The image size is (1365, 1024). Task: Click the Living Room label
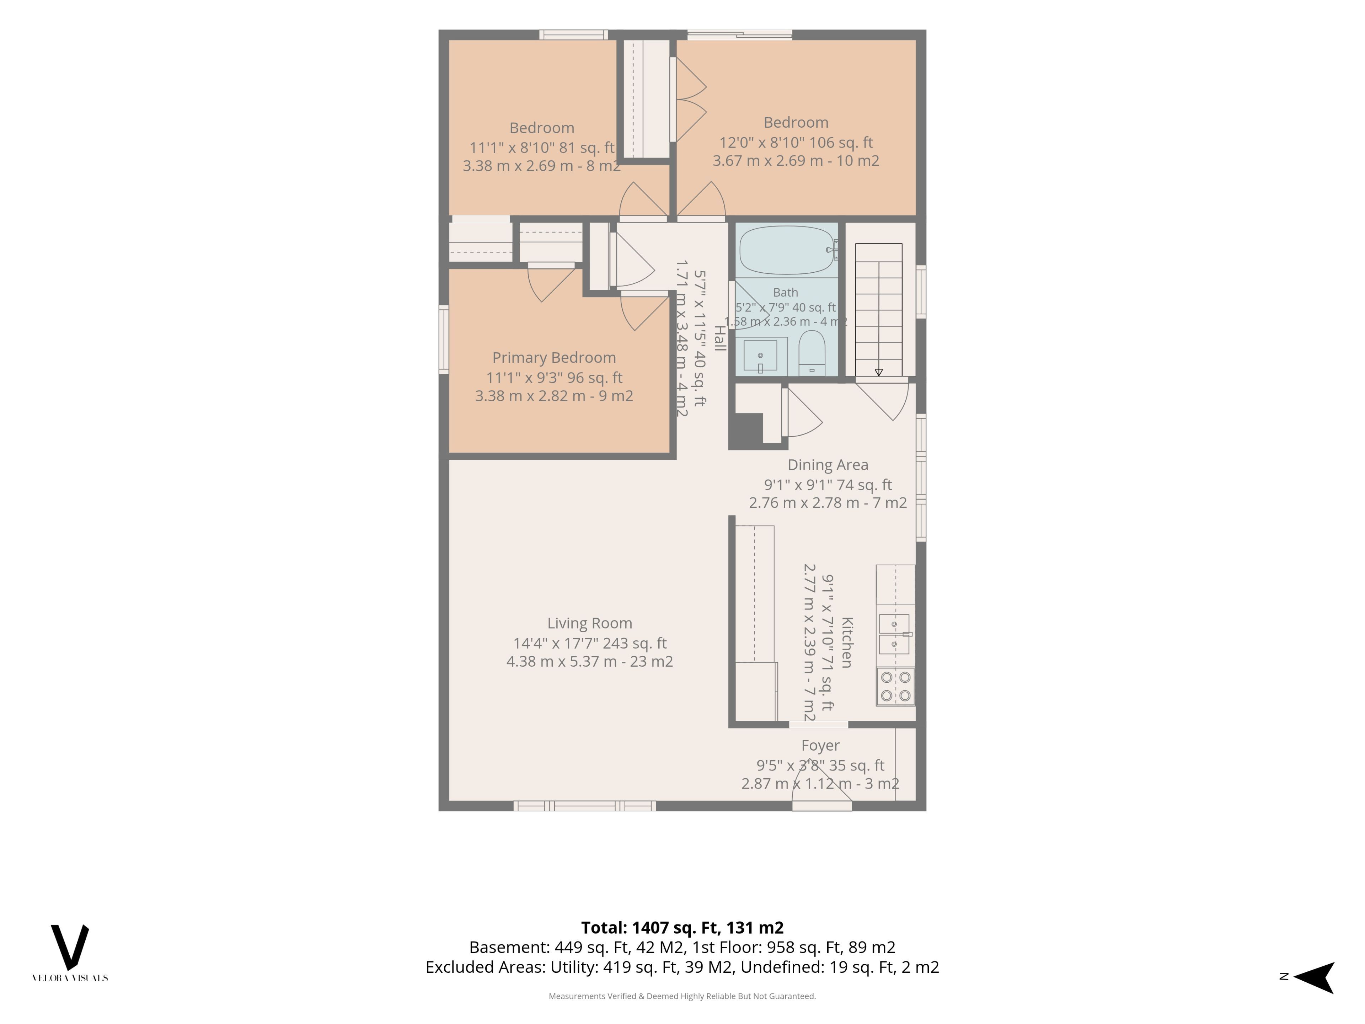(x=589, y=623)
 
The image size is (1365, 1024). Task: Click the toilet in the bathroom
(x=812, y=353)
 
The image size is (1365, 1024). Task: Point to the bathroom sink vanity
(x=761, y=357)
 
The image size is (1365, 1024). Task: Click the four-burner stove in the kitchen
(x=895, y=686)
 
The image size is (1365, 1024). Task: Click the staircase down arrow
(x=879, y=372)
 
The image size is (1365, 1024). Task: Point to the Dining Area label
(x=828, y=465)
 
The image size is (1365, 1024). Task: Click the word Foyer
(x=820, y=746)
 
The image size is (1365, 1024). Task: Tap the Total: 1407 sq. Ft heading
(x=682, y=928)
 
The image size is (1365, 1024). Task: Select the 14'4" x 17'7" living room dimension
(x=589, y=643)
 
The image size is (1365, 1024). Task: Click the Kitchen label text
(x=847, y=642)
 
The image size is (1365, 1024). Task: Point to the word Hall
(x=719, y=338)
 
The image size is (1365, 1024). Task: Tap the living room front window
(x=584, y=805)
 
